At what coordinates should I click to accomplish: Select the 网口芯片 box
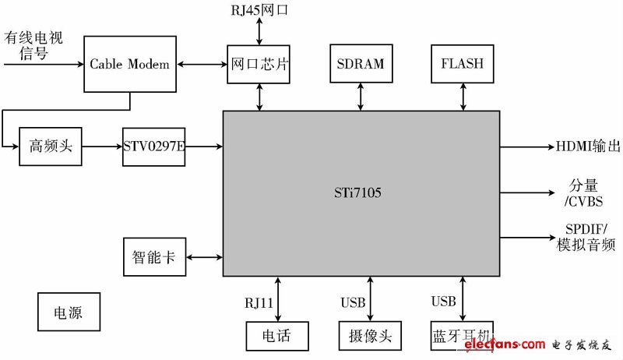click(259, 64)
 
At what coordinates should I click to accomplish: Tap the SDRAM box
click(359, 64)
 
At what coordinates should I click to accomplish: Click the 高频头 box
click(50, 146)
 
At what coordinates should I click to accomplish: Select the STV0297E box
click(153, 146)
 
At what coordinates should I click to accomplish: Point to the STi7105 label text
click(361, 191)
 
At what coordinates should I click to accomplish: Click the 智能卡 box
click(154, 256)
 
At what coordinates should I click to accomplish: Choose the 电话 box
click(277, 337)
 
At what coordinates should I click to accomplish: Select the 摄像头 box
click(369, 337)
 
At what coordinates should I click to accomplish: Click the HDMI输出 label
click(588, 146)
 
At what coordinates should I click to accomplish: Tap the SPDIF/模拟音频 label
click(586, 238)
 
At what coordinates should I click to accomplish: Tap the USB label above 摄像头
click(352, 302)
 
